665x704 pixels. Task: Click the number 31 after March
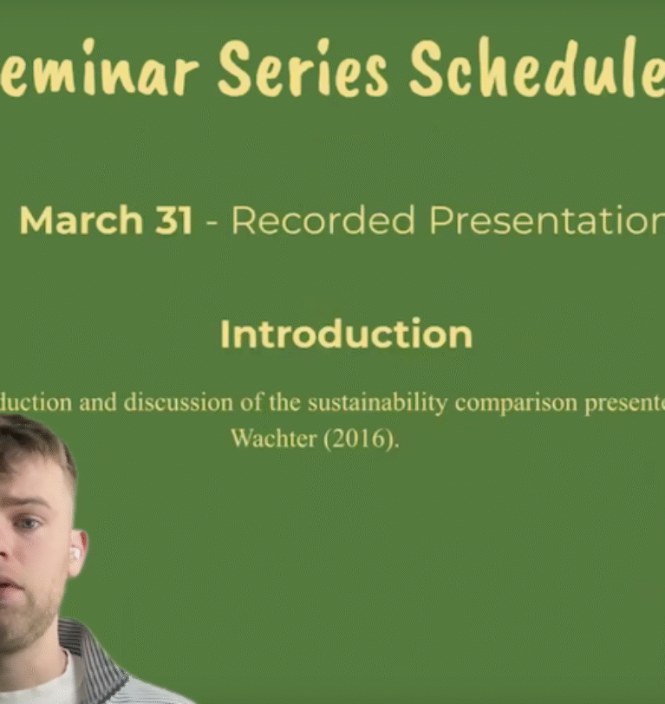173,221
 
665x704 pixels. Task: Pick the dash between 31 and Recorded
212,223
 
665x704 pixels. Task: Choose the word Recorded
323,221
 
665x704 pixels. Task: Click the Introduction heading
346,335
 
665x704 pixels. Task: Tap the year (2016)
362,439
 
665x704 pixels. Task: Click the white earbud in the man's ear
74,552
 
